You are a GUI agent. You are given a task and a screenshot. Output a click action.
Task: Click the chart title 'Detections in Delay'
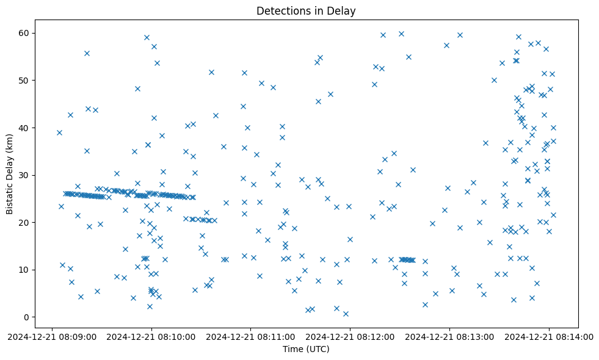(x=306, y=11)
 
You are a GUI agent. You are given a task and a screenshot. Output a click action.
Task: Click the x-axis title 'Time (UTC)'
(x=306, y=349)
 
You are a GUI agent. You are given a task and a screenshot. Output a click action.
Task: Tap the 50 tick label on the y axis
(x=24, y=81)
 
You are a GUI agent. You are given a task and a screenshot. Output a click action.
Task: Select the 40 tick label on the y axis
(x=24, y=128)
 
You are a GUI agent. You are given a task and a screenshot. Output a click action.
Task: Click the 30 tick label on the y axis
(x=24, y=175)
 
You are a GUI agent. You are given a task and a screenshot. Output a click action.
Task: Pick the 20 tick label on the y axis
(x=24, y=223)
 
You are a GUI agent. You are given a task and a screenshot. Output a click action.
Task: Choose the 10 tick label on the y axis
(x=24, y=270)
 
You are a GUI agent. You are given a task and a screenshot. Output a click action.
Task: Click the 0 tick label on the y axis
(x=26, y=317)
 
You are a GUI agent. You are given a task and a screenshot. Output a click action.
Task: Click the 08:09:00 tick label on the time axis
(x=53, y=336)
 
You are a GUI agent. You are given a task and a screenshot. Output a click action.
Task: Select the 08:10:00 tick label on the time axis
(x=152, y=336)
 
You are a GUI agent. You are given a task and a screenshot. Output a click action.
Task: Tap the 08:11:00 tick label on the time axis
(x=251, y=336)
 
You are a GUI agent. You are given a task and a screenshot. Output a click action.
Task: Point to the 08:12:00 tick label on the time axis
(x=350, y=336)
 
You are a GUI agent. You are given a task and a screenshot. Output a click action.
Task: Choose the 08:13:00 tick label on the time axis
(x=450, y=336)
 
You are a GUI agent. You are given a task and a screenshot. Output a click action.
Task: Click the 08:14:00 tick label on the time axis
(x=549, y=336)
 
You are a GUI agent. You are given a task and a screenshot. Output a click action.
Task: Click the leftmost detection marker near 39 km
(x=59, y=132)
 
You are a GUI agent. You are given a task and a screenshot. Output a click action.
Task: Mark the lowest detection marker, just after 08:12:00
(x=346, y=314)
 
